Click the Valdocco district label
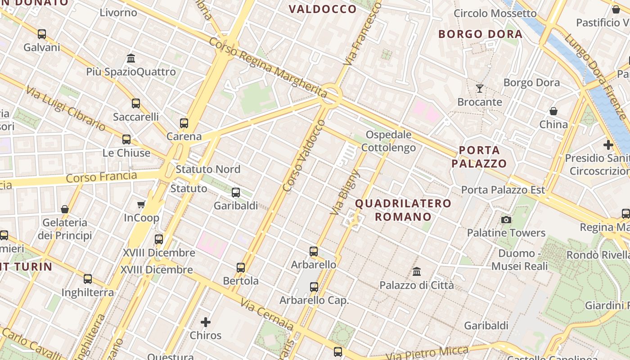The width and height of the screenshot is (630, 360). pyautogui.click(x=322, y=9)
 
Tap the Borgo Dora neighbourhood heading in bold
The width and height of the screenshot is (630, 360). pyautogui.click(x=480, y=34)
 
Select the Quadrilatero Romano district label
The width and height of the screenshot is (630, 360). pyautogui.click(x=403, y=210)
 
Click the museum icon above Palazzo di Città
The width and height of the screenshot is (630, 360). pyautogui.click(x=417, y=272)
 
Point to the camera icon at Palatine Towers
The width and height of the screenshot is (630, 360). pyautogui.click(x=506, y=220)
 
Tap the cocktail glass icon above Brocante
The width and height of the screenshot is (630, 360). pyautogui.click(x=480, y=88)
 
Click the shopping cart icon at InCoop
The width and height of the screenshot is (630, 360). pyautogui.click(x=141, y=205)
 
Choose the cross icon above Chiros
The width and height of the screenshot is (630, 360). pyautogui.click(x=206, y=322)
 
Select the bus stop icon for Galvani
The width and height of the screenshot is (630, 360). pyautogui.click(x=42, y=34)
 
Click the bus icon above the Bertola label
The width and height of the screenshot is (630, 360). pyautogui.click(x=241, y=268)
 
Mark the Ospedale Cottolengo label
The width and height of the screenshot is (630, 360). pyautogui.click(x=388, y=141)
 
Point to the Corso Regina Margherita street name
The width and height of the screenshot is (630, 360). pyautogui.click(x=268, y=67)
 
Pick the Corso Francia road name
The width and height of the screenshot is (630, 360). pyautogui.click(x=101, y=176)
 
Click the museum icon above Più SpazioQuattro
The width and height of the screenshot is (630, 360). pyautogui.click(x=131, y=58)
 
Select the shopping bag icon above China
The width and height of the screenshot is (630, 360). pyautogui.click(x=553, y=111)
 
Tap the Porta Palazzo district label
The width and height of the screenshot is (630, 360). pyautogui.click(x=479, y=157)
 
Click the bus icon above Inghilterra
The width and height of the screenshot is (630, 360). pyautogui.click(x=88, y=279)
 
